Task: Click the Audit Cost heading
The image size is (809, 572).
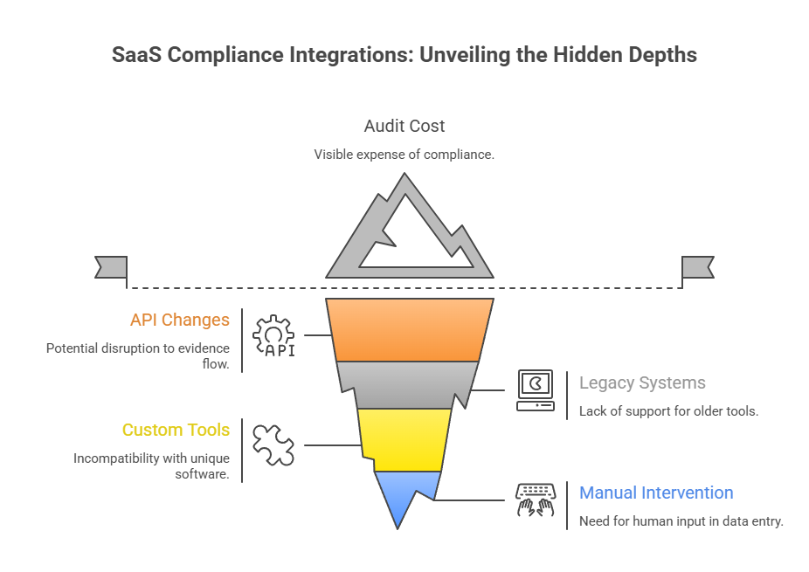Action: (404, 126)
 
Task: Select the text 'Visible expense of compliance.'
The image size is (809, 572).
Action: (404, 155)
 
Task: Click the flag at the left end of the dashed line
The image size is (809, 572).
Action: (111, 267)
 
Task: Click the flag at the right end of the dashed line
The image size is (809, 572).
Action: (697, 267)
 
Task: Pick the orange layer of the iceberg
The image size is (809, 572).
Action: (404, 330)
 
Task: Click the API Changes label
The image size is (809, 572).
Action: (180, 320)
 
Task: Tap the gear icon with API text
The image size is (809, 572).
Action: (273, 335)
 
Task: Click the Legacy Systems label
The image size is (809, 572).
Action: (642, 382)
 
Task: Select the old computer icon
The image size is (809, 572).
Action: (535, 390)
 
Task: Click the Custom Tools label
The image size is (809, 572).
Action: (176, 430)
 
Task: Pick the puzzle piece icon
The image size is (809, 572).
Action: (273, 444)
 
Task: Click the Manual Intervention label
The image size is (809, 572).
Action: (656, 493)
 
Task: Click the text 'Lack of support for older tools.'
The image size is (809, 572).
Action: (668, 410)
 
